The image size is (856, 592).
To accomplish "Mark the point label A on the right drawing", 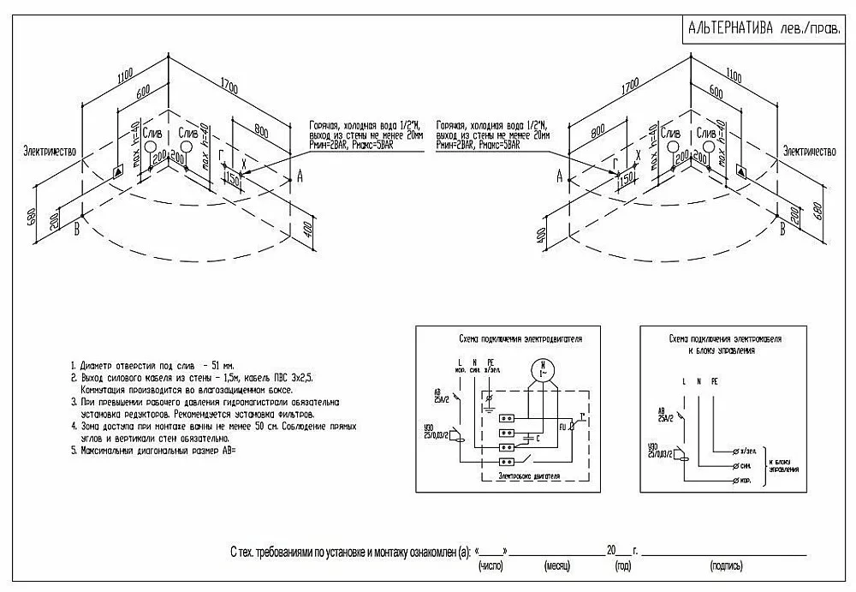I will click(559, 176).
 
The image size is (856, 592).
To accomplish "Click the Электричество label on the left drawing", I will click(51, 151).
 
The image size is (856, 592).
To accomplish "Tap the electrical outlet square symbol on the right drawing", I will click(741, 173).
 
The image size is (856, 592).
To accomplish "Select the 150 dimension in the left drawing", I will click(231, 177).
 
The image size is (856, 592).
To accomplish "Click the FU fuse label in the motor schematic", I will click(564, 425).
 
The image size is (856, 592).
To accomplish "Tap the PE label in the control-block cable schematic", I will click(715, 380).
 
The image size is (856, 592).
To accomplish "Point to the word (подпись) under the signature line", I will click(726, 567).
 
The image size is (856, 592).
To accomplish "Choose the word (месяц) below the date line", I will click(557, 567).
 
